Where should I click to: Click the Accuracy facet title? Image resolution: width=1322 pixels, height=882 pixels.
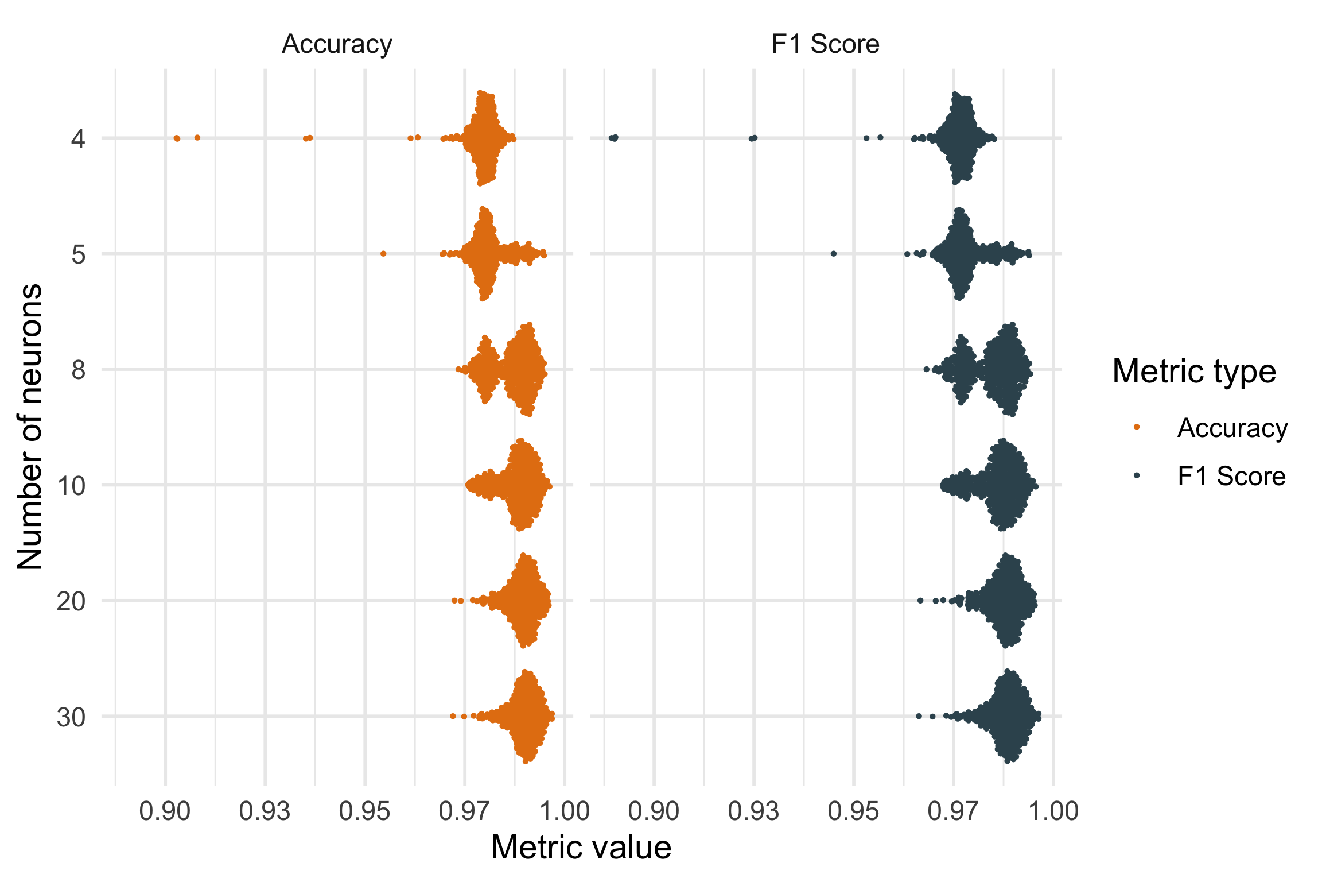tap(337, 44)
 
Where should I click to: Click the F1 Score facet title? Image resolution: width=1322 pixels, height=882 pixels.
tap(825, 44)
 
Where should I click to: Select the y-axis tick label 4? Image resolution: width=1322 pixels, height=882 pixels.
tap(78, 138)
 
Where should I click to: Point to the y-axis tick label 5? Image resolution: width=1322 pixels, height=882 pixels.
tap(78, 254)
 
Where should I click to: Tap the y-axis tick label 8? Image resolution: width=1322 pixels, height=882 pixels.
tap(78, 370)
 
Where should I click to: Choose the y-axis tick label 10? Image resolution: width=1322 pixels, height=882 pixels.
tap(71, 486)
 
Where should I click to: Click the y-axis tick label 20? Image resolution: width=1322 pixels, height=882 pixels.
tap(71, 601)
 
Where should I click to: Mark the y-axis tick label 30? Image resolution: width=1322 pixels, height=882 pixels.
tap(71, 717)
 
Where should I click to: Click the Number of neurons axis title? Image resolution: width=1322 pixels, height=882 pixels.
tap(30, 427)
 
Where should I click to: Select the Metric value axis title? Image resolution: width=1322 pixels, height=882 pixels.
tap(581, 847)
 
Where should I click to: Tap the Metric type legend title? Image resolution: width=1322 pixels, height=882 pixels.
tap(1194, 371)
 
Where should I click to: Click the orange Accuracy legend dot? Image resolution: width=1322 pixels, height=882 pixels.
tap(1136, 427)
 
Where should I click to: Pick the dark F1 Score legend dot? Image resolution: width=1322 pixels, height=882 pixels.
tap(1136, 475)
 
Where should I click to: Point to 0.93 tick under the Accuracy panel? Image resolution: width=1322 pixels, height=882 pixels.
tap(265, 811)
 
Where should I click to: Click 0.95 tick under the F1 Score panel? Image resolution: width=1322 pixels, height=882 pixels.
tap(854, 811)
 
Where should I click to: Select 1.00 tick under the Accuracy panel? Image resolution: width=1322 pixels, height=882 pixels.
tap(565, 811)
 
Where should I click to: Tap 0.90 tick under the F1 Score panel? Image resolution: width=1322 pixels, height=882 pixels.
tap(654, 811)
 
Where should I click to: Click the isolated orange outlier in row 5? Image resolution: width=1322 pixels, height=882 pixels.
tap(383, 254)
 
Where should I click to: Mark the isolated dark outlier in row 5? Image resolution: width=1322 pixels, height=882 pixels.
tap(834, 254)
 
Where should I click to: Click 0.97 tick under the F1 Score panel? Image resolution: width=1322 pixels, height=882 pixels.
tap(954, 811)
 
